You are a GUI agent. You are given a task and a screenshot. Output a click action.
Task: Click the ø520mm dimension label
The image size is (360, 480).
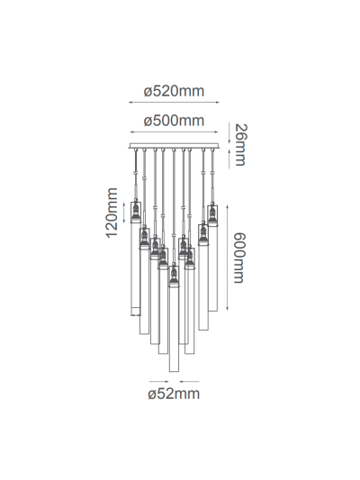coord(175,91)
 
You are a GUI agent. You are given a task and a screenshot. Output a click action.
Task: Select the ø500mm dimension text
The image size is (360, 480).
coord(175,121)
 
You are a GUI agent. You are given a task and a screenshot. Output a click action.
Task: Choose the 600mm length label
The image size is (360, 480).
coord(239,256)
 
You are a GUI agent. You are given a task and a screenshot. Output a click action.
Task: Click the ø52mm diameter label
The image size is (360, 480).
coord(175,393)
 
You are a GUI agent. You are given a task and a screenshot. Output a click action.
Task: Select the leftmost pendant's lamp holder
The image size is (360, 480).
coord(136,213)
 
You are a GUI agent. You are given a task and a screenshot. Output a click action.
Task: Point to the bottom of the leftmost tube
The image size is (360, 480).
coord(136,313)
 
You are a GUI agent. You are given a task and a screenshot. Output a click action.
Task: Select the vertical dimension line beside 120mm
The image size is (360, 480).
coord(124,213)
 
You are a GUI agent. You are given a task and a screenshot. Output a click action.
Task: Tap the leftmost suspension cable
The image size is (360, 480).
coord(136,171)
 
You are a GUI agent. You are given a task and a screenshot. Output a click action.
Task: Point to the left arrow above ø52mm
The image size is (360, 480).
coord(156,381)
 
